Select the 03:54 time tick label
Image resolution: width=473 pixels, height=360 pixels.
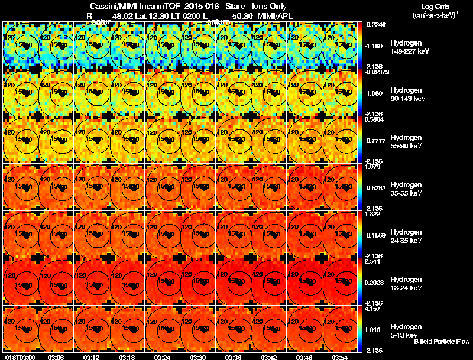339,356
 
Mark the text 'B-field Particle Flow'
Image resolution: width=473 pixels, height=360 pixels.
441,342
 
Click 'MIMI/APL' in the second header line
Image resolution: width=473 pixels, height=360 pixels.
274,16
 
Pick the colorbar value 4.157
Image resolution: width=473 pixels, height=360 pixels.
374,309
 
